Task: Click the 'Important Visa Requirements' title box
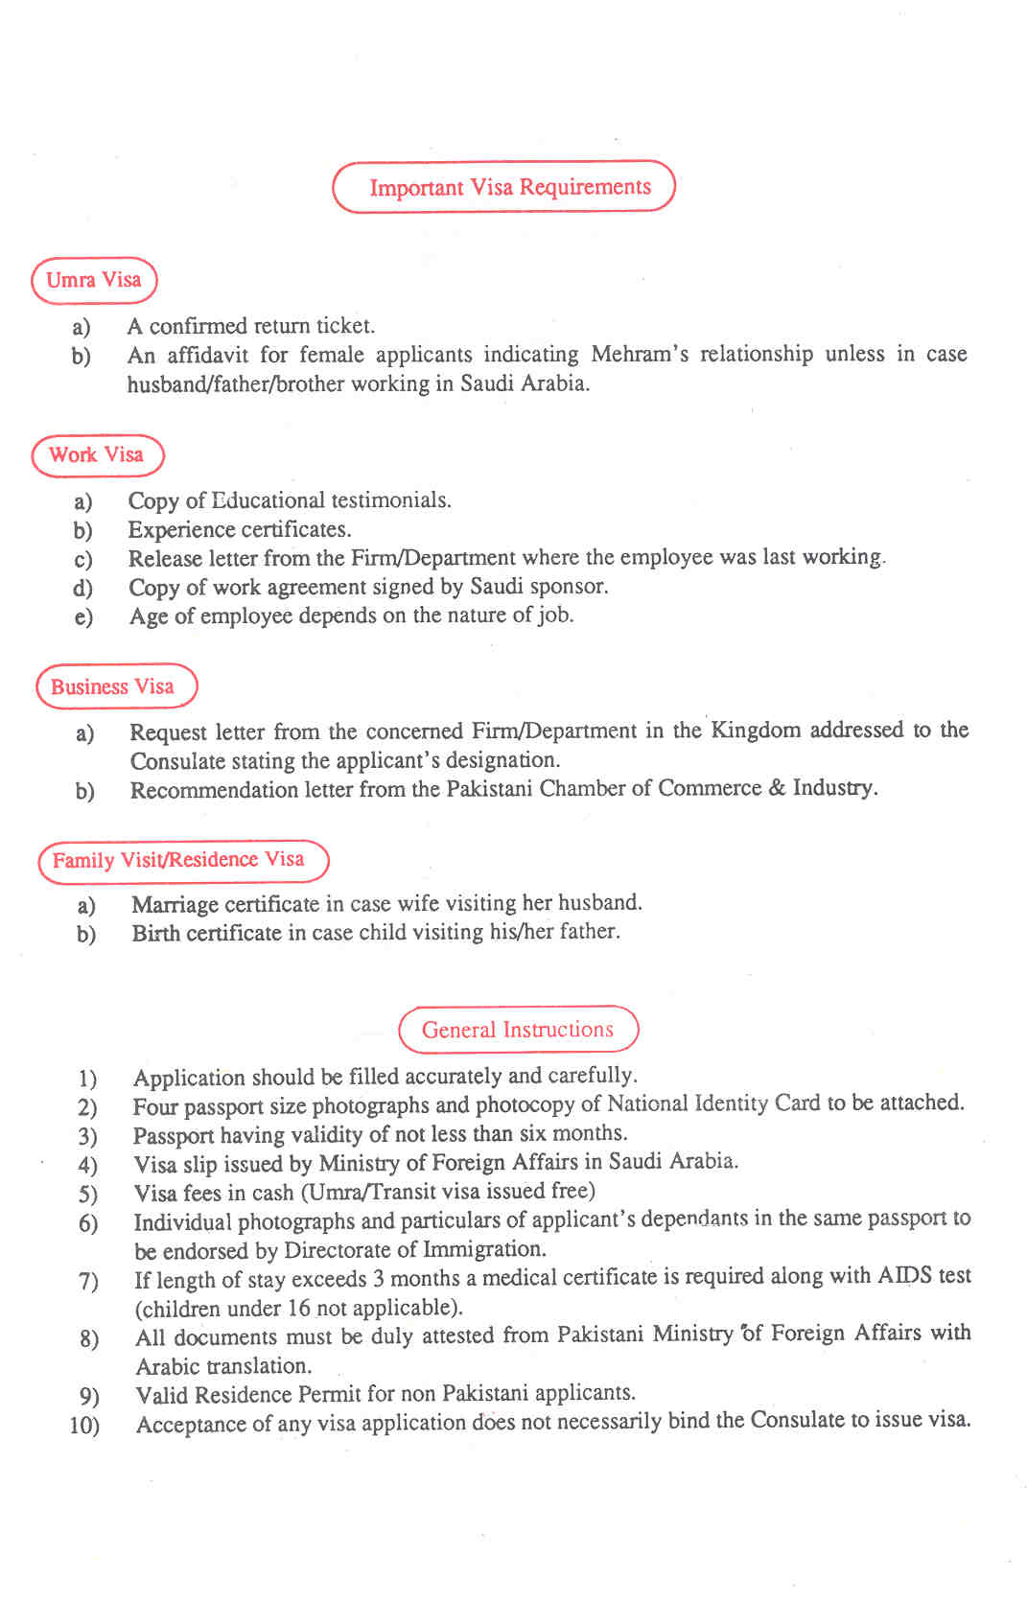(504, 187)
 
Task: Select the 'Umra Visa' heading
(94, 280)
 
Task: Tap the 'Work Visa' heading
(97, 455)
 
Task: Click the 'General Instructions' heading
(518, 1030)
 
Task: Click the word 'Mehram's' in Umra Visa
(640, 355)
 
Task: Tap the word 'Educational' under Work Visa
(268, 500)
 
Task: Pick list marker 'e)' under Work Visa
(83, 616)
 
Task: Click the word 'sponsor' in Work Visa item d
(568, 586)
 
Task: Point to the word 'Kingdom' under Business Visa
(756, 731)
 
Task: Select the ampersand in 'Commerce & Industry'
(776, 788)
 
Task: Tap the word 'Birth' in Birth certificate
(155, 933)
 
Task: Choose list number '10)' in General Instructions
(84, 1426)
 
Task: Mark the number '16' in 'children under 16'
(299, 1308)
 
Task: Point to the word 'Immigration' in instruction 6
(482, 1249)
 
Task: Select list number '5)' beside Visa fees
(88, 1194)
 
